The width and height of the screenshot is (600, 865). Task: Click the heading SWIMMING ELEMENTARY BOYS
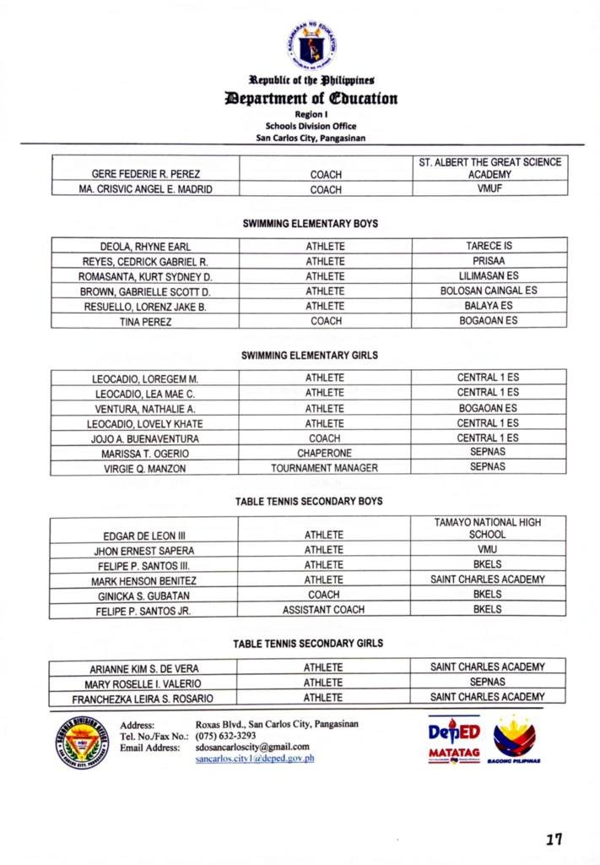pos(310,224)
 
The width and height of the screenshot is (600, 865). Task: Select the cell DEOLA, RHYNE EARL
pos(145,247)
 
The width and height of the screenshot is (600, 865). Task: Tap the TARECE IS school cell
pos(489,246)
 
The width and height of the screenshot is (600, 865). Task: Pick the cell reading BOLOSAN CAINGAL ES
pos(489,291)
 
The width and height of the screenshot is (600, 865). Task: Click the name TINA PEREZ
pos(145,322)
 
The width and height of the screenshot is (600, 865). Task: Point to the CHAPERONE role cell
pos(324,454)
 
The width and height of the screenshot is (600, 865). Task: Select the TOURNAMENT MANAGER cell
pos(324,468)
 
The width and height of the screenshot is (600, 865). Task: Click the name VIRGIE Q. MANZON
pos(145,469)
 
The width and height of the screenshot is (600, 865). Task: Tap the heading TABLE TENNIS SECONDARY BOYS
pos(309,502)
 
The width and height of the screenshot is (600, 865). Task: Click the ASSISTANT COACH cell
pos(324,610)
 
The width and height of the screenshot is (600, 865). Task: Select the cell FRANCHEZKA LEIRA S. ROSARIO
pos(143,699)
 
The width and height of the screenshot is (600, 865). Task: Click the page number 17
pos(554,839)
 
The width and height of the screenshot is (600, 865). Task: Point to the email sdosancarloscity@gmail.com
pos(253,747)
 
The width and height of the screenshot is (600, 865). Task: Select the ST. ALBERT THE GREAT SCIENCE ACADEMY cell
pos(489,168)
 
